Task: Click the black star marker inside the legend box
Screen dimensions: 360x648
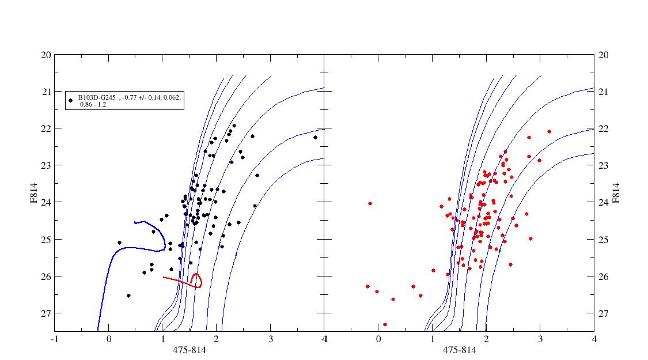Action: point(71,100)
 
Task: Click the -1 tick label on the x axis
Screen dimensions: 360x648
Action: point(55,339)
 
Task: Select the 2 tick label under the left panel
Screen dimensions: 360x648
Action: point(217,339)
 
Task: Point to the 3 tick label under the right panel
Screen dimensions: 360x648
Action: point(540,339)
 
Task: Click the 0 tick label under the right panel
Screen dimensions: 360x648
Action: point(378,339)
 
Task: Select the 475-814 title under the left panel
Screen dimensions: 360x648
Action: point(189,350)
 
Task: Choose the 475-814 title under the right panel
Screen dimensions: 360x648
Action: point(459,350)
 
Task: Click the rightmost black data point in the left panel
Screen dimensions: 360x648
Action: point(316,137)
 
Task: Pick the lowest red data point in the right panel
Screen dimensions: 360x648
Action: point(385,324)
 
